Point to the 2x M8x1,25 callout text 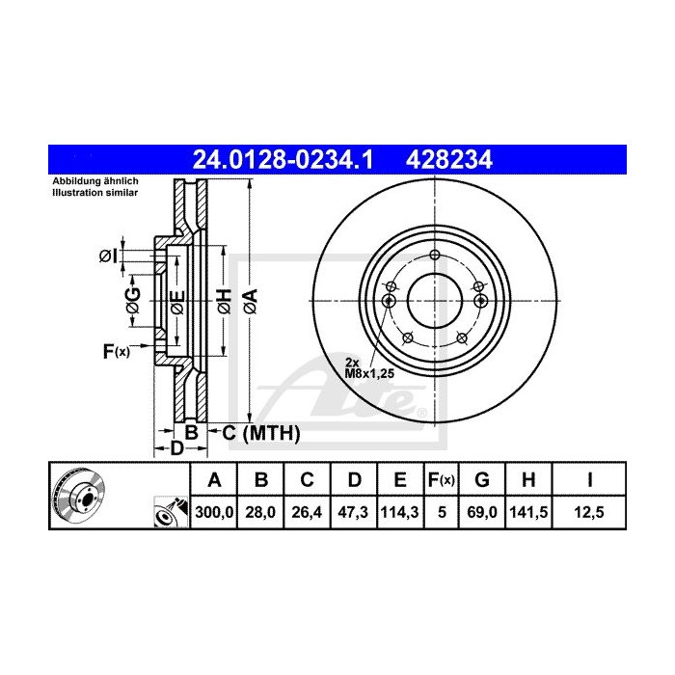(x=368, y=364)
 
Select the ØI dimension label (x=108, y=256)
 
